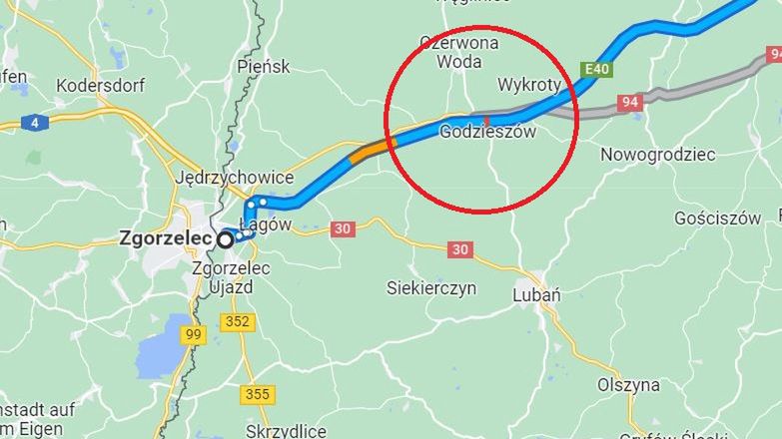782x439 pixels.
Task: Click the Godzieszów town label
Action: pyautogui.click(x=488, y=132)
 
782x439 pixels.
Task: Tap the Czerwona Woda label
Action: pyautogui.click(x=459, y=52)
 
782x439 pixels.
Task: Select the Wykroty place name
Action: pyautogui.click(x=529, y=85)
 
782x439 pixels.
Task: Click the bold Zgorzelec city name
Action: pyautogui.click(x=165, y=238)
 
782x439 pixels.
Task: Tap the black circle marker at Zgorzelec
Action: pyautogui.click(x=226, y=239)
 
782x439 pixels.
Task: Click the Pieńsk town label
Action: pyautogui.click(x=264, y=66)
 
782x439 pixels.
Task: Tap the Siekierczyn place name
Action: pyautogui.click(x=431, y=288)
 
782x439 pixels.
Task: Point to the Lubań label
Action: pyautogui.click(x=536, y=295)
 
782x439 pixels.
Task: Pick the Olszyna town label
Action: pyautogui.click(x=628, y=384)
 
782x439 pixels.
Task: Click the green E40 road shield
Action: pyautogui.click(x=597, y=69)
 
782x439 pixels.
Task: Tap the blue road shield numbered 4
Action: pyautogui.click(x=35, y=123)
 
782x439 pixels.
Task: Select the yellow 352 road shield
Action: pyautogui.click(x=238, y=321)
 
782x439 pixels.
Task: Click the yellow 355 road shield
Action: pyautogui.click(x=257, y=394)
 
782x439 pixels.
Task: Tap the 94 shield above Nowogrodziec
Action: pyautogui.click(x=629, y=102)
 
